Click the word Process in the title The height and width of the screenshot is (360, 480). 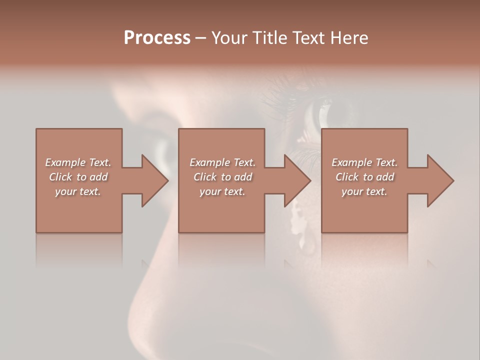pyautogui.click(x=157, y=38)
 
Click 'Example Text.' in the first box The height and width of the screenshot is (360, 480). pyautogui.click(x=78, y=162)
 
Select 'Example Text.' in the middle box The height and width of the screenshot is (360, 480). pyautogui.click(x=222, y=162)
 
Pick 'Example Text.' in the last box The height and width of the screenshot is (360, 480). pyautogui.click(x=364, y=162)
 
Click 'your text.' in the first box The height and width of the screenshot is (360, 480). pyautogui.click(x=78, y=191)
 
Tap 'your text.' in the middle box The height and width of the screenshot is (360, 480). pyautogui.click(x=222, y=191)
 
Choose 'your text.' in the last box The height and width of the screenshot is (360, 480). pyautogui.click(x=364, y=191)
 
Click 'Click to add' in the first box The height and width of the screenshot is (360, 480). pyautogui.click(x=78, y=177)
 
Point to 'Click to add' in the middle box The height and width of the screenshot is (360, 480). pyautogui.click(x=222, y=177)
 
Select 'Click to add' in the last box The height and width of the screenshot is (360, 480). pyautogui.click(x=364, y=177)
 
